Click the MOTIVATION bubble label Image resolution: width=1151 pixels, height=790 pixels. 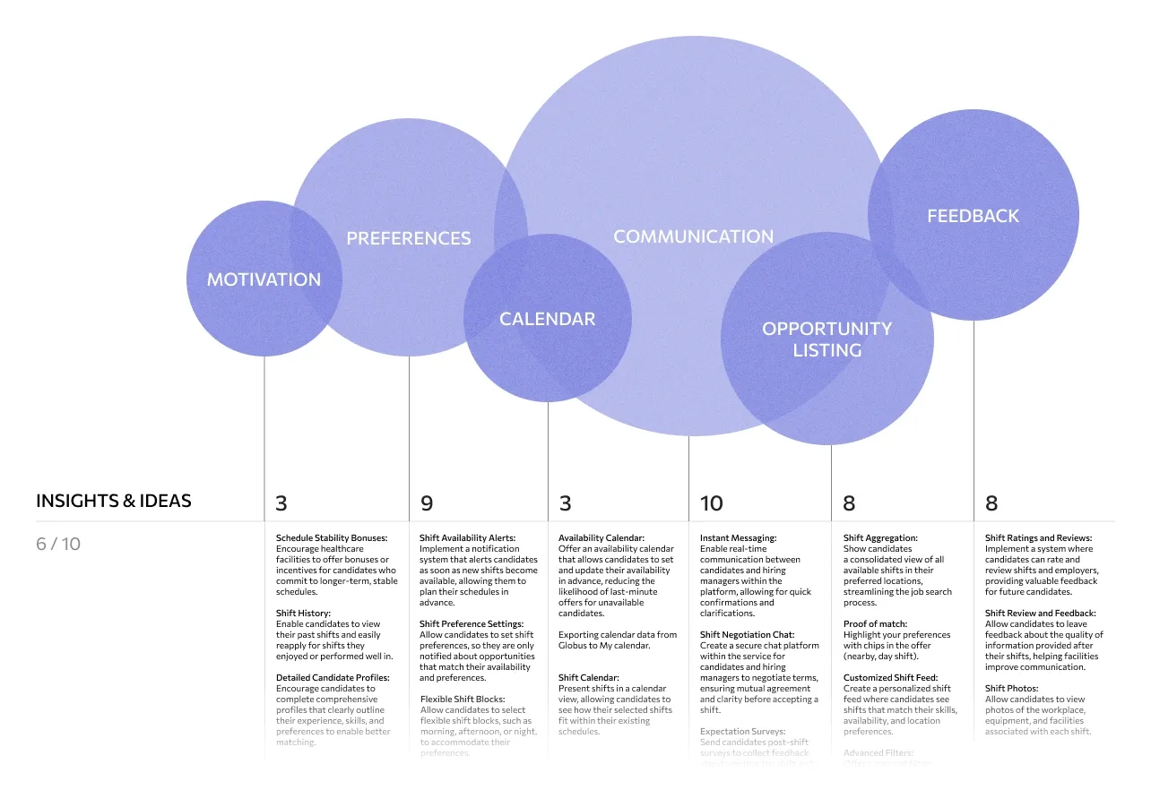pyautogui.click(x=264, y=279)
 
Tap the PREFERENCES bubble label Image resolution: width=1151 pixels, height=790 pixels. pyautogui.click(x=409, y=238)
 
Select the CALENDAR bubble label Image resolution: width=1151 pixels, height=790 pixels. pyautogui.click(x=547, y=319)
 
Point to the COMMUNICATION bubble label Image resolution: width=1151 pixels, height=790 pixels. pyautogui.click(x=693, y=236)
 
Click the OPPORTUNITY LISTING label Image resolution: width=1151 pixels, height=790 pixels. pyautogui.click(x=826, y=339)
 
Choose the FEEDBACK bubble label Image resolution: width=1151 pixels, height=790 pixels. pyautogui.click(x=973, y=216)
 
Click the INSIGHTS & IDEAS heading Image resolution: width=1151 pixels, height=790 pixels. pyautogui.click(x=114, y=501)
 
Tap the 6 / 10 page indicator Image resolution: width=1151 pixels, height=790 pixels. pyautogui.click(x=58, y=544)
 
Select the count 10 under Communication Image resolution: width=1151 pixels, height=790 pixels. pyautogui.click(x=711, y=503)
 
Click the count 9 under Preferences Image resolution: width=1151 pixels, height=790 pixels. pyautogui.click(x=427, y=503)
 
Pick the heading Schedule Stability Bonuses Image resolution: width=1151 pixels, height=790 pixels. pyautogui.click(x=332, y=538)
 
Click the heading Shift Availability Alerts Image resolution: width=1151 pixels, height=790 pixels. pyautogui.click(x=467, y=538)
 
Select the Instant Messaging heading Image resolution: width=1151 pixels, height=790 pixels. pyautogui.click(x=738, y=538)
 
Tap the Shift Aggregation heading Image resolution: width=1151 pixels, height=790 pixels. pyautogui.click(x=878, y=538)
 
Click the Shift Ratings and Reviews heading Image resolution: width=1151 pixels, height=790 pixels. pyautogui.click(x=1038, y=538)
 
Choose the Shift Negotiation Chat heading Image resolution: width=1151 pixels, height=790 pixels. pyautogui.click(x=747, y=635)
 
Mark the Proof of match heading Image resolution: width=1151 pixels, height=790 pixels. pyautogui.click(x=875, y=624)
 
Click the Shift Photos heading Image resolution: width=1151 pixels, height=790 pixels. pyautogui.click(x=1011, y=689)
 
